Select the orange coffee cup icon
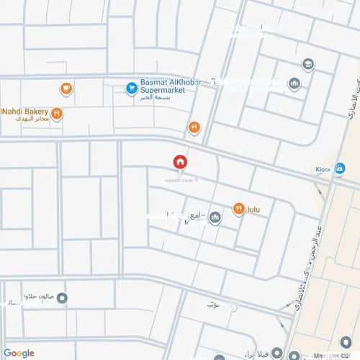pos(66,89)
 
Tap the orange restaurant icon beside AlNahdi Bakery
pos(57,113)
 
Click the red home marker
pos(180,162)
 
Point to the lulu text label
pos(253,210)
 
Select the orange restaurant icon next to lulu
pos(238,209)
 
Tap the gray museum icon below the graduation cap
pos(294,85)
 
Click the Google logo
pos(19,352)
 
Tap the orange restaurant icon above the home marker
pos(194,127)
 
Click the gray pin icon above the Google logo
pos(63,297)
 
